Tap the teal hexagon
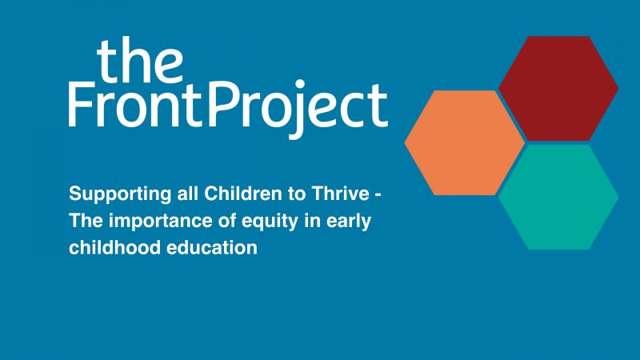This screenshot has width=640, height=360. [x=558, y=197]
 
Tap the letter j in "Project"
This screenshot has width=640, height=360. [x=295, y=110]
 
